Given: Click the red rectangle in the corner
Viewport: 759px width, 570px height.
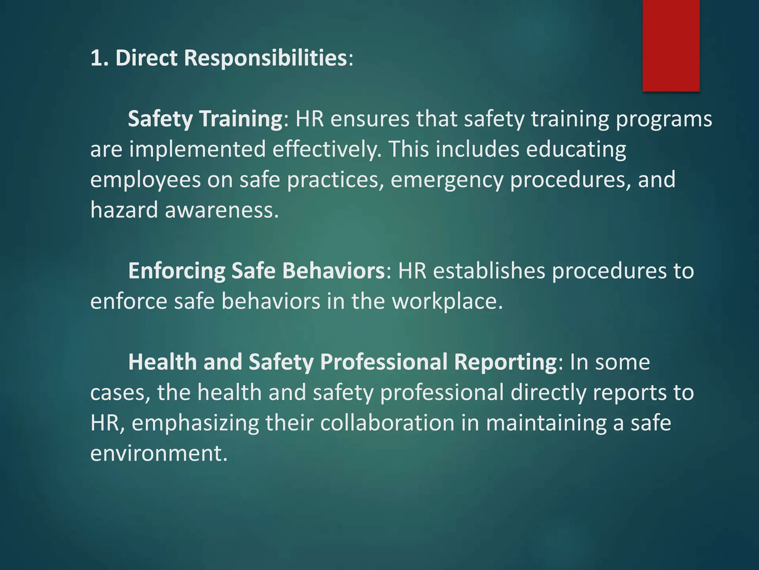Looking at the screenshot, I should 671,45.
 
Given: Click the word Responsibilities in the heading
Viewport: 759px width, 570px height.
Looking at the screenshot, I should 265,58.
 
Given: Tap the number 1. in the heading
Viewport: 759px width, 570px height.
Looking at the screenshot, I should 99,58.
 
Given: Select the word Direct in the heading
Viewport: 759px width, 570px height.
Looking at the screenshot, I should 146,58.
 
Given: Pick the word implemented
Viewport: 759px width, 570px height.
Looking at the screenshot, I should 197,150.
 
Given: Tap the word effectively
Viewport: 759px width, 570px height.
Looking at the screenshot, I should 327,150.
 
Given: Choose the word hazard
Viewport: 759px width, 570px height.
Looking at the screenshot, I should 124,210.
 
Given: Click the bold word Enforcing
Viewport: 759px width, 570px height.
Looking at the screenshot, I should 176,271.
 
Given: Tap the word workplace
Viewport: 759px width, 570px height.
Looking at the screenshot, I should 447,301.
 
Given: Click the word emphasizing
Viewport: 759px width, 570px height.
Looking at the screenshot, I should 195,423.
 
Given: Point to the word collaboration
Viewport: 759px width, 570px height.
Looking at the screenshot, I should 387,423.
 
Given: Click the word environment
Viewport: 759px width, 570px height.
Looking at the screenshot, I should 159,453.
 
